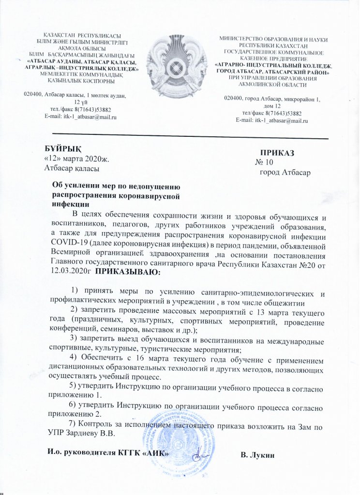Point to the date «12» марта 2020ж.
point(72,158)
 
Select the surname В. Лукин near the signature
point(257,455)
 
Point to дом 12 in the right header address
point(271,106)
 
